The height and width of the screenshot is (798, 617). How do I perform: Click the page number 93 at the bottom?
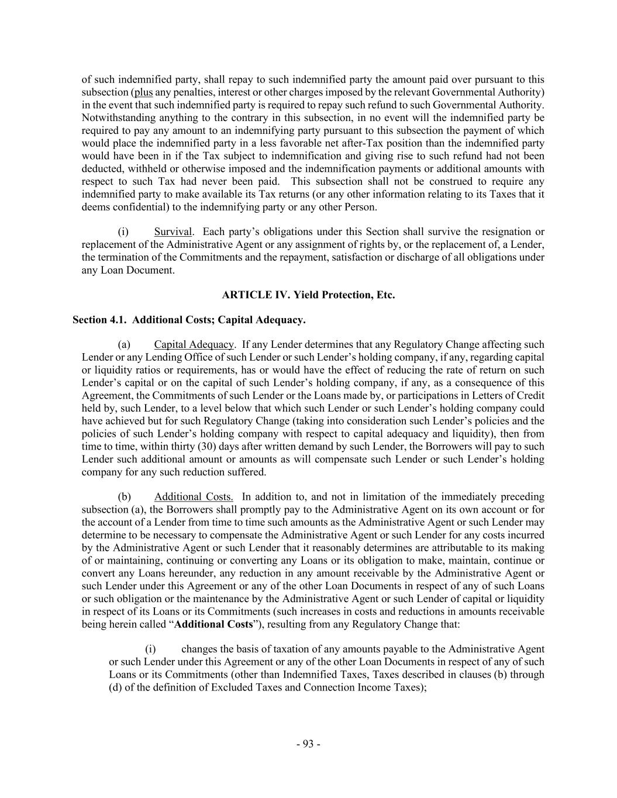click(x=308, y=744)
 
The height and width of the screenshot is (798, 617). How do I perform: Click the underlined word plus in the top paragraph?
click(x=143, y=92)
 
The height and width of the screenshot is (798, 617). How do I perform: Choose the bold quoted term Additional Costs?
click(x=213, y=624)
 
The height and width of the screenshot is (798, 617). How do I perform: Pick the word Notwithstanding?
click(x=118, y=118)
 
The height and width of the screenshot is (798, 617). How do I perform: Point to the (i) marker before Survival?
click(x=124, y=232)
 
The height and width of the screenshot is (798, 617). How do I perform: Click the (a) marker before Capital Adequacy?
click(x=124, y=344)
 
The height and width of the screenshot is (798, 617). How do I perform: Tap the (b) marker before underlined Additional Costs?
click(x=124, y=496)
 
